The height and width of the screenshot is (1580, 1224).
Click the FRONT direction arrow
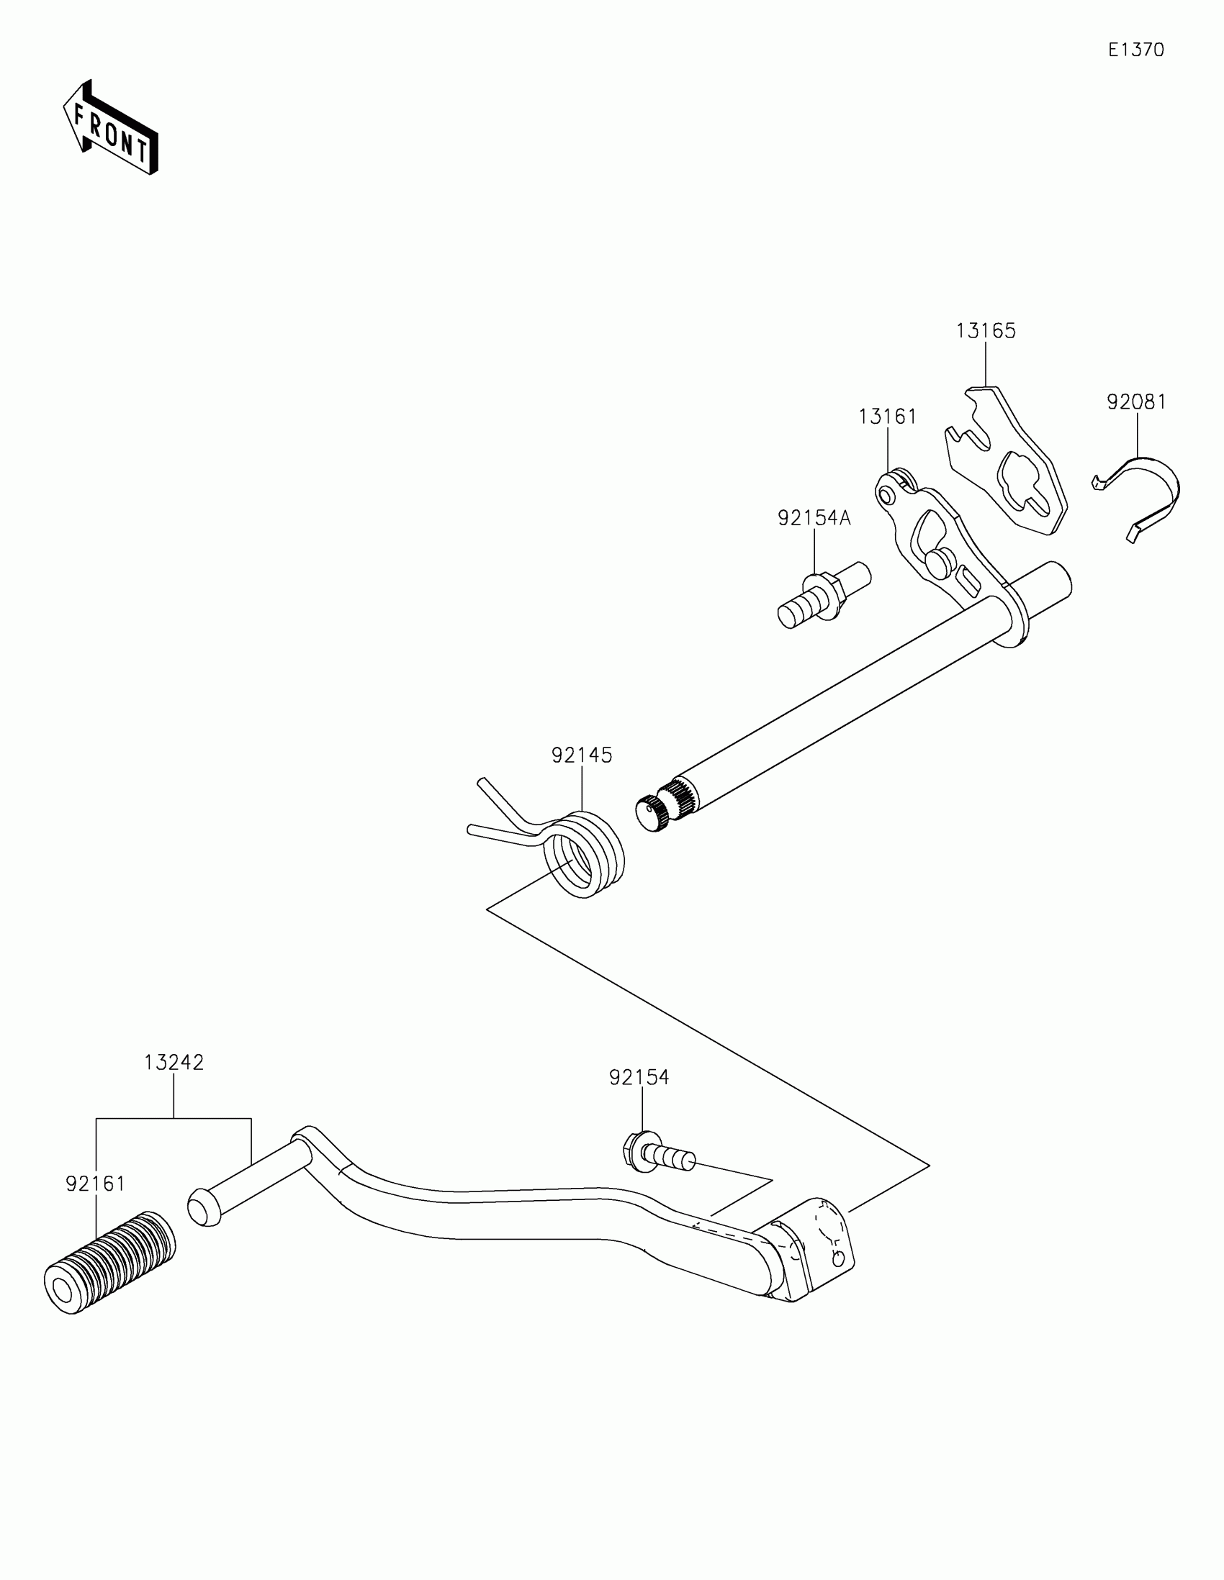(x=110, y=127)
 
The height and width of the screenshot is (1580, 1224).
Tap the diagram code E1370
(x=1135, y=50)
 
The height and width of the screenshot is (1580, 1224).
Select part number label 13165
(x=986, y=331)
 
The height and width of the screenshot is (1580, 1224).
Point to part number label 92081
(x=1136, y=401)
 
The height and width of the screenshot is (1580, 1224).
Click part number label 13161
(x=888, y=417)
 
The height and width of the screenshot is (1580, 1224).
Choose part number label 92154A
(x=814, y=518)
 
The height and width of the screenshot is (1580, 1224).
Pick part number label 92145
(x=582, y=755)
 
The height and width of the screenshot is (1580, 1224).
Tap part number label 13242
(x=174, y=1063)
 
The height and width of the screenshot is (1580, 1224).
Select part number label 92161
(x=96, y=1184)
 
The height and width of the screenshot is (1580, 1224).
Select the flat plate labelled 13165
(x=1009, y=463)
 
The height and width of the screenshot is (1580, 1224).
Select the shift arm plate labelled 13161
(x=934, y=535)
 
